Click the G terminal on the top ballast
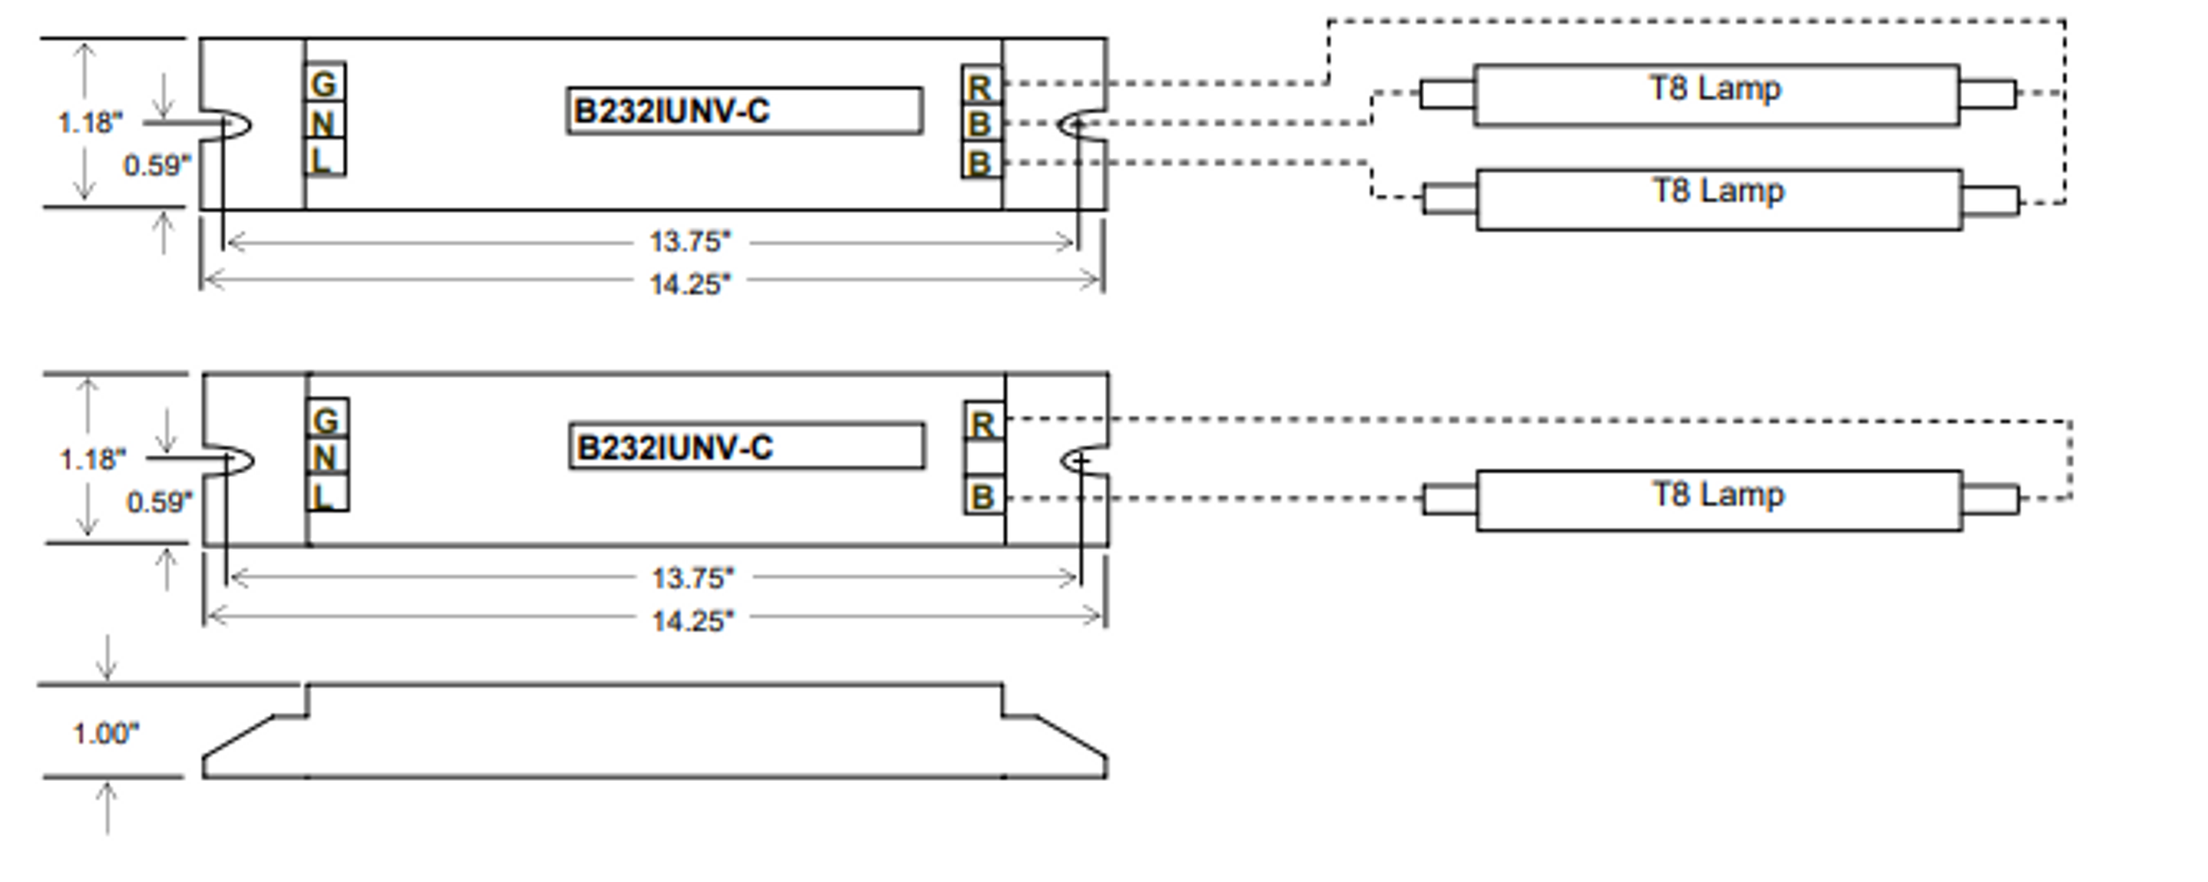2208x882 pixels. click(x=324, y=83)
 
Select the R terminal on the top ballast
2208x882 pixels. click(x=981, y=86)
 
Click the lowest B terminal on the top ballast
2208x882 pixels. click(x=981, y=162)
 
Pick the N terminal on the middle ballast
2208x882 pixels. click(x=326, y=457)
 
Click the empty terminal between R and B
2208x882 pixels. click(x=983, y=458)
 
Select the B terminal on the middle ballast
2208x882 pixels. click(x=983, y=497)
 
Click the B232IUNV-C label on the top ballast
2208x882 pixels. click(x=743, y=111)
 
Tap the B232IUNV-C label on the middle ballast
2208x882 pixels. click(x=746, y=447)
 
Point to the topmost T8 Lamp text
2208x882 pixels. click(x=1715, y=88)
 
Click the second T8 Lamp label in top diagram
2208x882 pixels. click(x=1717, y=191)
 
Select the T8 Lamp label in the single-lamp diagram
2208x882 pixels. click(x=1717, y=495)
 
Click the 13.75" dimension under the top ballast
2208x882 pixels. click(x=689, y=242)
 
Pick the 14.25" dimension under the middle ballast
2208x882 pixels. click(x=692, y=620)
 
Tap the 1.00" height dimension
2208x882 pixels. click(x=105, y=734)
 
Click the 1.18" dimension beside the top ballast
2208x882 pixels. click(x=91, y=123)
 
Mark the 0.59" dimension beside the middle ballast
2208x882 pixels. click(x=160, y=501)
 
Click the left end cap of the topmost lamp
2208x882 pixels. click(x=1446, y=93)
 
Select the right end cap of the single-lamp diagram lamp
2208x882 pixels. click(x=1990, y=499)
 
